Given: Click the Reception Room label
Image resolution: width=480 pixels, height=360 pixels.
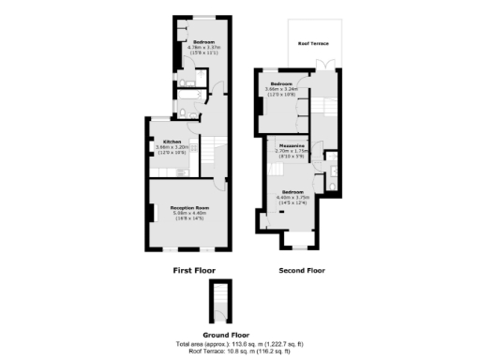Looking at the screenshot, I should pos(188,208).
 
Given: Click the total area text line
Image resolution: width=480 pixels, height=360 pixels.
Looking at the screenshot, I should pos(239,343).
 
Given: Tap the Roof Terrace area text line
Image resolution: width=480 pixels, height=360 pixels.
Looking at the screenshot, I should pos(239,352).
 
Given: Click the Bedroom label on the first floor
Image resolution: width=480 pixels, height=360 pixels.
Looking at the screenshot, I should pos(205,43).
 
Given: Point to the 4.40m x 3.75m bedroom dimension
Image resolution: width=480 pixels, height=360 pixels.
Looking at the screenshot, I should pos(292,197).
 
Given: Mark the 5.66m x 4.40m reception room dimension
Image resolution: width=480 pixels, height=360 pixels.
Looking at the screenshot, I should pos(188,214).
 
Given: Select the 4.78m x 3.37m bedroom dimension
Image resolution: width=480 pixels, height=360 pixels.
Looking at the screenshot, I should pos(205,48).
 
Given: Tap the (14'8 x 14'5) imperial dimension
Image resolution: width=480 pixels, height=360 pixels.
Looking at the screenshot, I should pos(188,219).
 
